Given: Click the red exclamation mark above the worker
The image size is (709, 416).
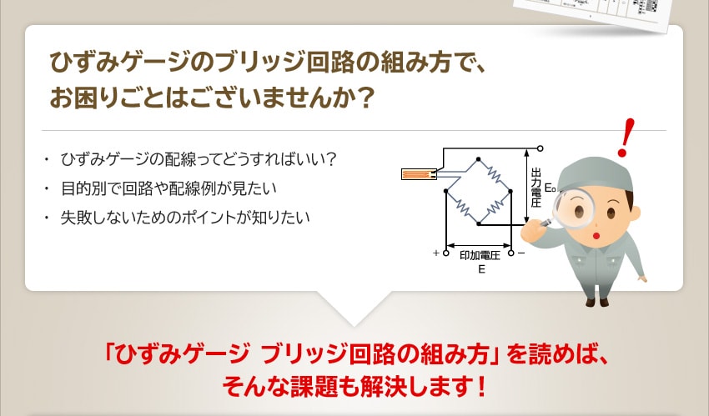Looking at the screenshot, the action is point(626,138).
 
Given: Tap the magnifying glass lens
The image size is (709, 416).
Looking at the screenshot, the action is point(573,208).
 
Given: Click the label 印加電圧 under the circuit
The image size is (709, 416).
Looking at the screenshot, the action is point(480,255).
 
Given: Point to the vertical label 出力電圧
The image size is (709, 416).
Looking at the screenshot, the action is point(536,188).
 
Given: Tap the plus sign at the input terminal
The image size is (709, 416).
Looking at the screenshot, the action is point(436,253).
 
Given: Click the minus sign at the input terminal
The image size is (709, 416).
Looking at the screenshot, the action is point(521,253).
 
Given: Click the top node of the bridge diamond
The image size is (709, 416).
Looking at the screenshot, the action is point(479,159).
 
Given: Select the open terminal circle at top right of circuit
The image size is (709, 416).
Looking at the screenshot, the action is point(540,148).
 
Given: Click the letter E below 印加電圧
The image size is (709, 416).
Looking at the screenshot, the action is point(481,269).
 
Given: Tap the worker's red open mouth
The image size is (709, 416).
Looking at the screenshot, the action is point(596,235).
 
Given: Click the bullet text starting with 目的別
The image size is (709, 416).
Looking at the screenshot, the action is point(168,188).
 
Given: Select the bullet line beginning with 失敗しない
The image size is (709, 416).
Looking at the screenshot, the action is point(185,218).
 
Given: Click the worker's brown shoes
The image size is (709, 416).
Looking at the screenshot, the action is point(596,301).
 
